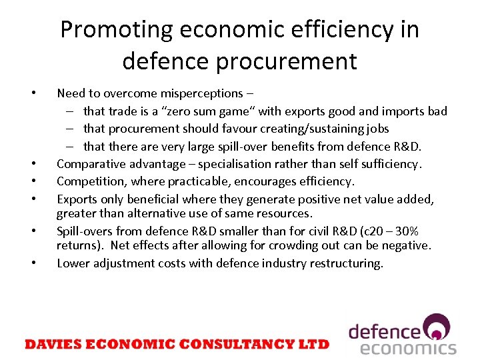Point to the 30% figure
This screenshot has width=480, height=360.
click(407, 231)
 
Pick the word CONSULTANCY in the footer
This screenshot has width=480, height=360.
click(242, 344)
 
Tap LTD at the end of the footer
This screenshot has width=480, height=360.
click(315, 344)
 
